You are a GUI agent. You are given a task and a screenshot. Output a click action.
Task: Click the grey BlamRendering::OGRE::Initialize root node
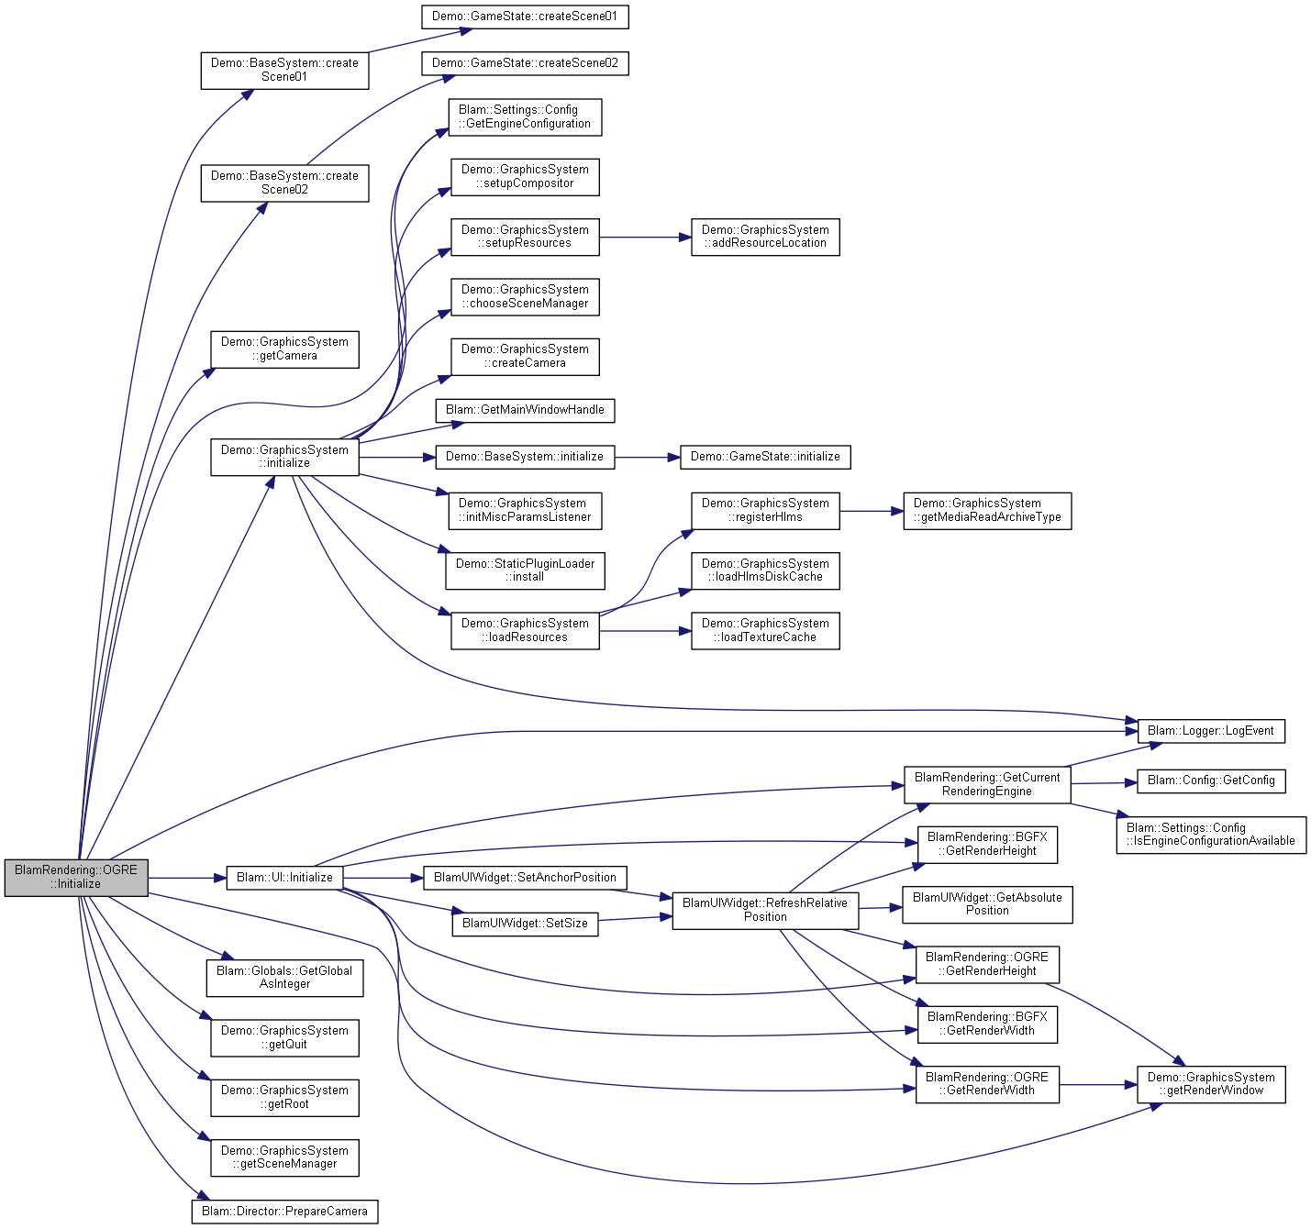76,877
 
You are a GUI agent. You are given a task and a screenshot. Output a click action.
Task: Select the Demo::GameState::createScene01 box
525,17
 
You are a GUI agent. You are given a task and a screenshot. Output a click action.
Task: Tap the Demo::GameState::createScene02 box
525,63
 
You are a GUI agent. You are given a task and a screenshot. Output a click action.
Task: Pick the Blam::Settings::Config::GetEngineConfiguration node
525,117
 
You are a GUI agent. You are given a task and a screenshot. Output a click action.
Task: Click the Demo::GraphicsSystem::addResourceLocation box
765,237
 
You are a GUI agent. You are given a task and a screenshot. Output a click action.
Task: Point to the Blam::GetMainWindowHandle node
525,410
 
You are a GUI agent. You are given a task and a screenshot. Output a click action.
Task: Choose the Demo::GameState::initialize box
765,457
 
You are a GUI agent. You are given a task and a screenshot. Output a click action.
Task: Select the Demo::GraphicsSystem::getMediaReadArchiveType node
987,511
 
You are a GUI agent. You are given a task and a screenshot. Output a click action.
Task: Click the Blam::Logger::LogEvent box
1211,731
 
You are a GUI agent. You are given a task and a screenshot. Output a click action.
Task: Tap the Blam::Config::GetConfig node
1211,781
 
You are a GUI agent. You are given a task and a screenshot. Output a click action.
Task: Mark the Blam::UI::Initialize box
284,877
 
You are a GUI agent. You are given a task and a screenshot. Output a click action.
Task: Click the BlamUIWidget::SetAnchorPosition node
525,877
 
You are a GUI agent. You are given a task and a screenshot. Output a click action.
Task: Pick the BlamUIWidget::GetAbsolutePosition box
987,904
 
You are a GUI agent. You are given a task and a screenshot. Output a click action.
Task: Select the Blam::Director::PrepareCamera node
284,1212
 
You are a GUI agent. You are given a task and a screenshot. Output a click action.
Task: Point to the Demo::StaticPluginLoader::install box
525,570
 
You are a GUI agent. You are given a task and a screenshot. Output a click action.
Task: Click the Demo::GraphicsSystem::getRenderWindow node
1211,1084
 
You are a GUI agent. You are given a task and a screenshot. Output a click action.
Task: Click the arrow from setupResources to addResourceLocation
645,237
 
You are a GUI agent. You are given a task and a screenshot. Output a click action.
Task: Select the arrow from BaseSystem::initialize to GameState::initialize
647,457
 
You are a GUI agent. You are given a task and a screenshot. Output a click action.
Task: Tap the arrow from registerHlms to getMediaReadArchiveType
872,511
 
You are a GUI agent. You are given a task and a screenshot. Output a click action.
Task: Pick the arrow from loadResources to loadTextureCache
645,631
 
